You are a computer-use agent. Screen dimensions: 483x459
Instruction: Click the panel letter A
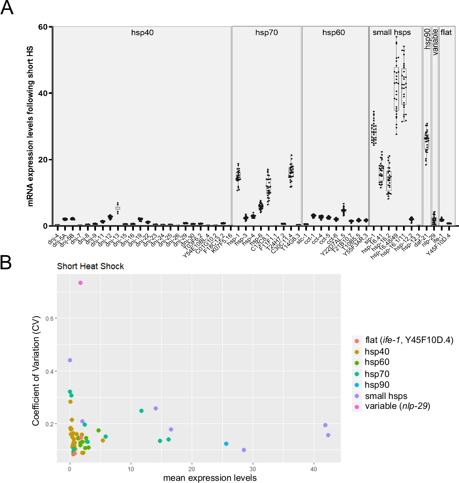[8, 8]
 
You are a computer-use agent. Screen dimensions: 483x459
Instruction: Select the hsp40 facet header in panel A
[142, 32]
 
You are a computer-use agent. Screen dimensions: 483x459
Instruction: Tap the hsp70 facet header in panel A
[267, 32]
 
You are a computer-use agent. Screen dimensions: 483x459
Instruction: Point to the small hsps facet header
[391, 32]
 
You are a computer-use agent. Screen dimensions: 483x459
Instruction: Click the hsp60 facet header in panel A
[335, 32]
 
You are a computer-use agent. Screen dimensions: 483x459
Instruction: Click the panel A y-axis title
[31, 126]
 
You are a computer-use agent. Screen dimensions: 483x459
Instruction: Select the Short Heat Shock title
[90, 266]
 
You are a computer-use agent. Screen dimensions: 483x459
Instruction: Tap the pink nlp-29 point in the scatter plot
[81, 283]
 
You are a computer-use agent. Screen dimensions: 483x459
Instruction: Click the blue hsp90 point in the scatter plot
[226, 444]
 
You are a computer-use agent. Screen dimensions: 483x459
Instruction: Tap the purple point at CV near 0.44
[70, 360]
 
